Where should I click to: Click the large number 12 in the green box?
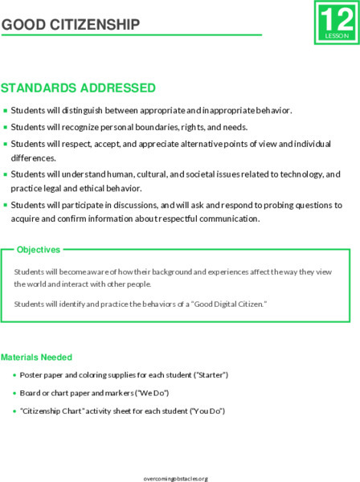(333, 18)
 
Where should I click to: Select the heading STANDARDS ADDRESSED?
(78, 88)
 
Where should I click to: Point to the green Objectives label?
(38, 251)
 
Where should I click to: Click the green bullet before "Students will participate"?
(6, 206)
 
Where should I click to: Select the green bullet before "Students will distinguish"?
(6, 111)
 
